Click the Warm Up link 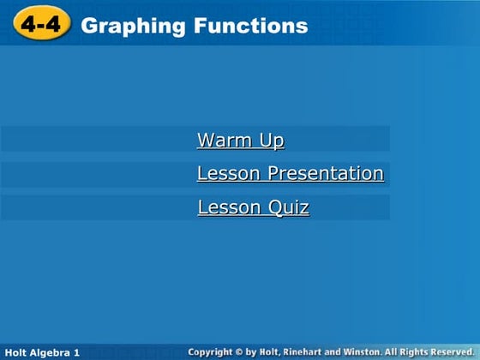point(240,140)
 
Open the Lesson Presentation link point(290,173)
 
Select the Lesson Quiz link point(253,207)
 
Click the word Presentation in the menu point(326,173)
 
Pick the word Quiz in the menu point(292,207)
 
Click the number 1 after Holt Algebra point(77,352)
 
